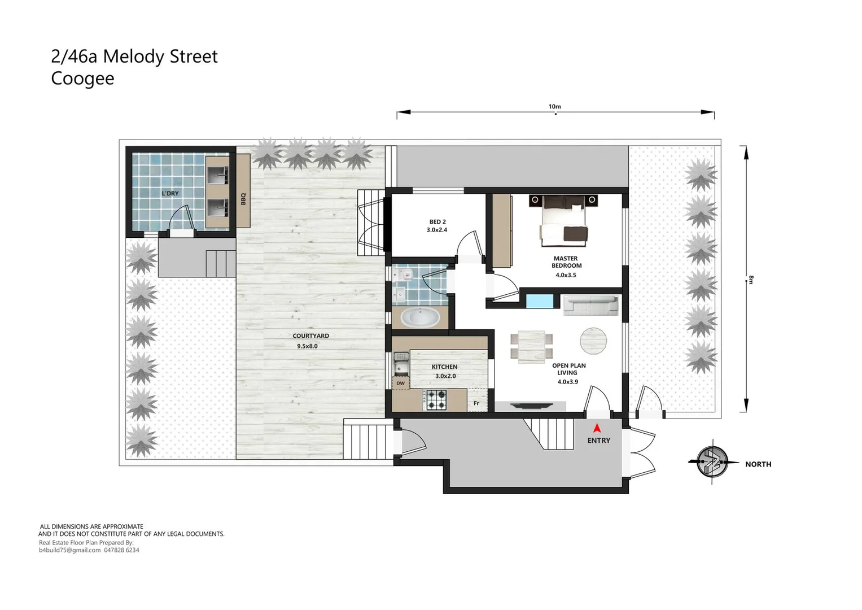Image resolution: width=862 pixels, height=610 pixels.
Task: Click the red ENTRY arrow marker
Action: point(597,429)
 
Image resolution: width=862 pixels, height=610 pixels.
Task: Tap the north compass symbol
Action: point(712,461)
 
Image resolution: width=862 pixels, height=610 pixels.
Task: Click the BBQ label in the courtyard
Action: point(243,199)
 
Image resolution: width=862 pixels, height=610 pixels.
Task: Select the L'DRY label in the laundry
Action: point(170,193)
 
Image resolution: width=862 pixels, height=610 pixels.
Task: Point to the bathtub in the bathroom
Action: point(420,318)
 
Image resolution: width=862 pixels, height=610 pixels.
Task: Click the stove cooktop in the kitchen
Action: point(436,400)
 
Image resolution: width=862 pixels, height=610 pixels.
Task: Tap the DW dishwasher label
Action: point(400,384)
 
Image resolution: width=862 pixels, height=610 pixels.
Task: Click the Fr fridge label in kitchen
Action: point(476,403)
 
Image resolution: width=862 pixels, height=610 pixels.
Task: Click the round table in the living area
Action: point(593,341)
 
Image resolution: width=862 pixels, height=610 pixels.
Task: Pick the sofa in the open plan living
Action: point(590,306)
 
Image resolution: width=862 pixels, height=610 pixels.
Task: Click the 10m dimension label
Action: point(554,106)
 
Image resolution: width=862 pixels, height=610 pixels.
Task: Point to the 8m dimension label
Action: point(751,280)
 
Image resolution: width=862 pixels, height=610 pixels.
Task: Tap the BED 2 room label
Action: point(437,222)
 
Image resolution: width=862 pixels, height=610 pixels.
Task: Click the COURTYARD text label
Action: point(310,335)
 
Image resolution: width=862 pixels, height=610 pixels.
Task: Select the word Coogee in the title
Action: point(82,79)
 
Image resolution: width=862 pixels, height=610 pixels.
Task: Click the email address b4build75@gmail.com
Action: point(70,550)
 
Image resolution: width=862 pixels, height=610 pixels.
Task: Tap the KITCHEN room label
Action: point(444,367)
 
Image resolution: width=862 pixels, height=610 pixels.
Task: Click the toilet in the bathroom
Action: point(404,275)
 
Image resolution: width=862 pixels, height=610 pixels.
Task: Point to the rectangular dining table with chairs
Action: point(532,346)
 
